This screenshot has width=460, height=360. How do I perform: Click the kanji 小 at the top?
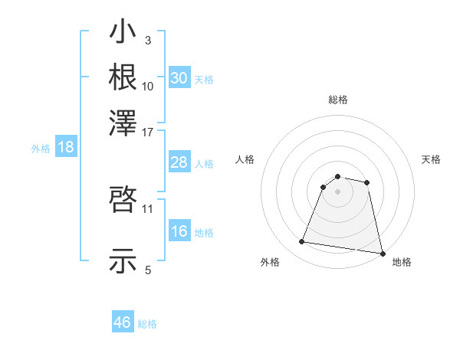coord(123,34)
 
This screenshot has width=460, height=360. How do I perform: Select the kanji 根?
coord(123,77)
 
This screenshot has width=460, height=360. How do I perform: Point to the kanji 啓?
coord(123,201)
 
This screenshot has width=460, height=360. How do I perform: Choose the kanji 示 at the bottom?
coord(123,262)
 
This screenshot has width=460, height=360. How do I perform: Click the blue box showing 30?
coord(179,78)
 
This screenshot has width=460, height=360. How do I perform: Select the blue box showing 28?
coord(179,163)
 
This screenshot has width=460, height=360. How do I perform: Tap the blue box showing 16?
coord(179,232)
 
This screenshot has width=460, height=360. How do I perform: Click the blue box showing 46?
coord(123,322)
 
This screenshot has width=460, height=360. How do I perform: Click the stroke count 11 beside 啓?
coord(148,208)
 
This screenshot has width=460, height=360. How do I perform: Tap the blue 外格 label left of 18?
coord(41,149)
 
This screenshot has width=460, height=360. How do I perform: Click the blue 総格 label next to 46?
coord(148,324)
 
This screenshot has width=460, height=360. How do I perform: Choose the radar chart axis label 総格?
coord(338,100)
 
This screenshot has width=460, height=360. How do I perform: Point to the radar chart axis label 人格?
coord(245,159)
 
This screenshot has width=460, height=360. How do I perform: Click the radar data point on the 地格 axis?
coord(381,253)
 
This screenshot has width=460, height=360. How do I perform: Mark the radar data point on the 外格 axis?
coord(302,242)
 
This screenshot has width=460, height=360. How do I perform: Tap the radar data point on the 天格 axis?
coord(367,182)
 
